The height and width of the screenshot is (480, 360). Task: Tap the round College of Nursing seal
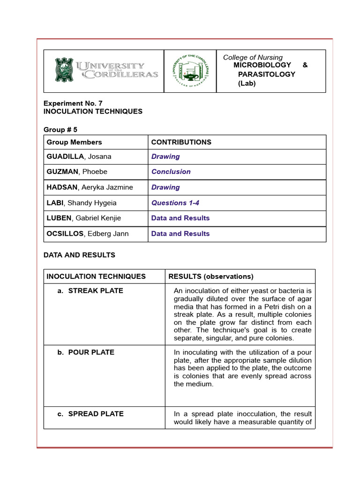(x=190, y=71)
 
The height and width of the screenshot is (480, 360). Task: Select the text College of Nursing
(x=253, y=57)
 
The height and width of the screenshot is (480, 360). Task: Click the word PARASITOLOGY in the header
(x=266, y=74)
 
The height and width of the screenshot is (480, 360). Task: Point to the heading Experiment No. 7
(x=73, y=103)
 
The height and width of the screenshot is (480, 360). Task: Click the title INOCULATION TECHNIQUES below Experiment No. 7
(x=93, y=112)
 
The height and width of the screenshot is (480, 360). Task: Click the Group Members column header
(x=74, y=142)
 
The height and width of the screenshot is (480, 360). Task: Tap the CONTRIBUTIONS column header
(x=181, y=142)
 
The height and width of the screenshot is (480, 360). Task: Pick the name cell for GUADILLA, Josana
(x=79, y=157)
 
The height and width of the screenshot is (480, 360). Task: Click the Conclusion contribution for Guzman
(x=171, y=172)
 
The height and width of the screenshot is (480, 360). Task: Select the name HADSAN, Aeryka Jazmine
(x=90, y=187)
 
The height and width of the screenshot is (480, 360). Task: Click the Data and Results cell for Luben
(x=180, y=218)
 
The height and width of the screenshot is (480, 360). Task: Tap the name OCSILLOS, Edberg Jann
(x=87, y=233)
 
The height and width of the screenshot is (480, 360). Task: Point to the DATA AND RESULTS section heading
(x=79, y=255)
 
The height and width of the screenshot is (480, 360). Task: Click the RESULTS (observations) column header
(x=210, y=276)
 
